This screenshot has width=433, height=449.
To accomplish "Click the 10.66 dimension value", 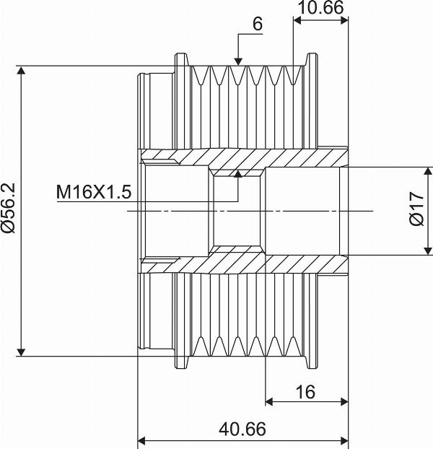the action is pos(320,8).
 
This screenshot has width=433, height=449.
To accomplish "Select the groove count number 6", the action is pos(258,24).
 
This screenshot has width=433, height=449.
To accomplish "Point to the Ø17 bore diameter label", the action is pos(416,209).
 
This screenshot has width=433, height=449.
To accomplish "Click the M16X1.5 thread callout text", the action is pos(94,192).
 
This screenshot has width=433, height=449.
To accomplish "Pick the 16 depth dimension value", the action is pos(306,392).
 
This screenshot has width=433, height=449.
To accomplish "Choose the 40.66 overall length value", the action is pos(242,429).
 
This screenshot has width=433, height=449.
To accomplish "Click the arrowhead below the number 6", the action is pos(238,62).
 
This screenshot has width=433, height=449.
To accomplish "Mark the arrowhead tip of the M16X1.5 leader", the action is pos(238,171).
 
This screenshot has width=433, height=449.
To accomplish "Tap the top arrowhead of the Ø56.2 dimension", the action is pos(21,70).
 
